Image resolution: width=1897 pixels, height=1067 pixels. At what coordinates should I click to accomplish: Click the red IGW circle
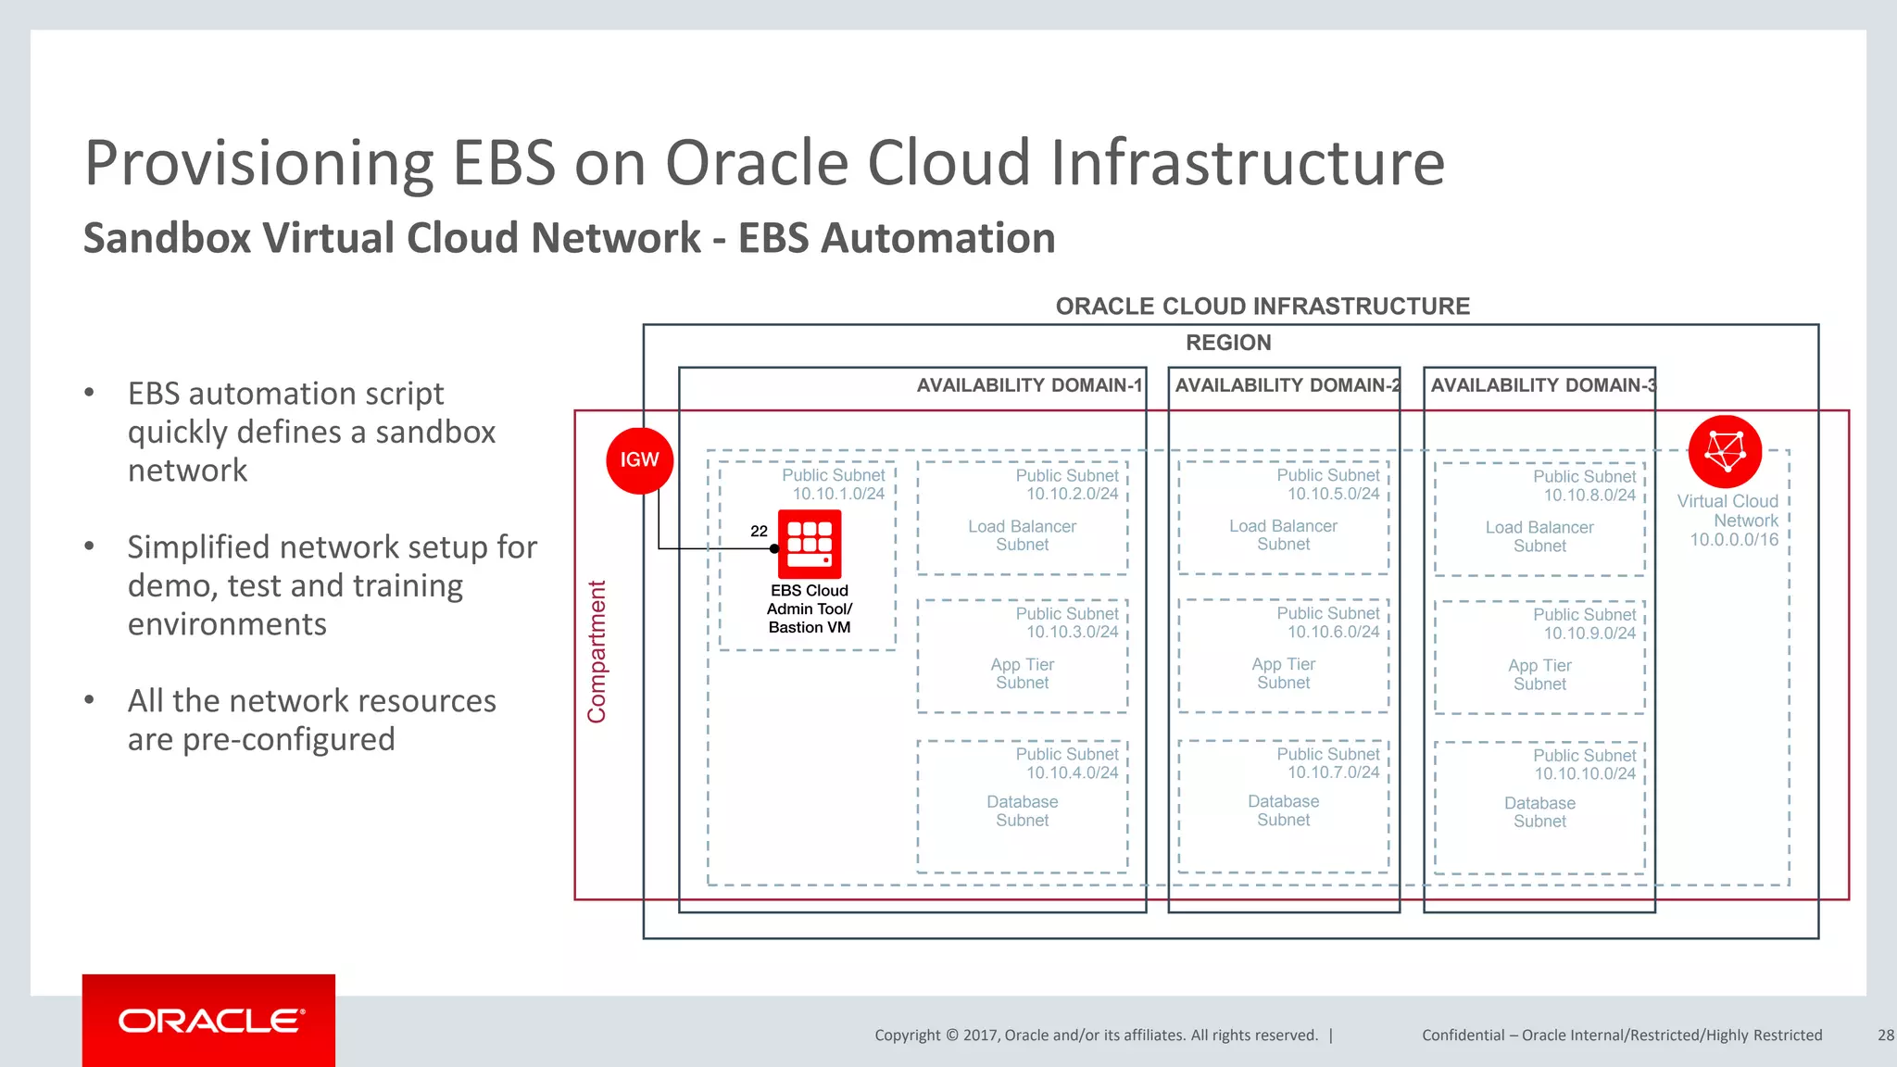[x=639, y=460]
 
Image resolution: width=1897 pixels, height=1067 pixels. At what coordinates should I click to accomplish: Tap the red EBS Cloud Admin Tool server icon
[x=810, y=545]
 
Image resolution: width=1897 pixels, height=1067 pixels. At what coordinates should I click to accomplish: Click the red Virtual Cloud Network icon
[x=1725, y=452]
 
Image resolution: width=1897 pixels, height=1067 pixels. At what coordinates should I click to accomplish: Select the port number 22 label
[x=759, y=531]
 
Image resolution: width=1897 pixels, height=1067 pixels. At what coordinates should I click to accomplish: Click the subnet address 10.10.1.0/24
[x=838, y=494]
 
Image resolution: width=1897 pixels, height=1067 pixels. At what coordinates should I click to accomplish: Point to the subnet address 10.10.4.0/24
[x=1072, y=772]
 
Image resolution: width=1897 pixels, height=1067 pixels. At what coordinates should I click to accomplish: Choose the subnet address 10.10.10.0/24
[x=1585, y=773]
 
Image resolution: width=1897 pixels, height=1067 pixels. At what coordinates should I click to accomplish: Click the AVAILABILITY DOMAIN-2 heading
[x=1288, y=385]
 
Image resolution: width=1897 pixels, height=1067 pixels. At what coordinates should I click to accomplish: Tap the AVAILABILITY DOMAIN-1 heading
[x=1029, y=385]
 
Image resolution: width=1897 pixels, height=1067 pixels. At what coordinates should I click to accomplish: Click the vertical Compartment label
[x=597, y=652]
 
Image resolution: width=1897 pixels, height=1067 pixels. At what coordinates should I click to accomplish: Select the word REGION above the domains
[x=1228, y=343]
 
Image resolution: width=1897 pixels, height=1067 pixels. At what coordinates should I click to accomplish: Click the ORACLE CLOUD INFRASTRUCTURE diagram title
[x=1263, y=307]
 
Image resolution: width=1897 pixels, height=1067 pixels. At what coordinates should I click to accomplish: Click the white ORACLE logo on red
[x=210, y=1021]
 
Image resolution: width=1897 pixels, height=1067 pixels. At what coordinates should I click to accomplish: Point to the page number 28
[x=1885, y=1036]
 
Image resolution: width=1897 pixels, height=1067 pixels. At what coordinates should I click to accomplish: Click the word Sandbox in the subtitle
[x=167, y=238]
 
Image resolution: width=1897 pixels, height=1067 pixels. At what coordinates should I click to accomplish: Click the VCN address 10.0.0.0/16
[x=1734, y=540]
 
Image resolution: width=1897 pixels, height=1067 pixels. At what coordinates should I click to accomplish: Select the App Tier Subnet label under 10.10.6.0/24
[x=1283, y=673]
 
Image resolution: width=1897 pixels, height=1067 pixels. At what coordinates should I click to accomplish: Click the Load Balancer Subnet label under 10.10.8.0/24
[x=1539, y=536]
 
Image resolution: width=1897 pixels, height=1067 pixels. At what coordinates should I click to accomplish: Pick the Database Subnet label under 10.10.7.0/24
[x=1283, y=810]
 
